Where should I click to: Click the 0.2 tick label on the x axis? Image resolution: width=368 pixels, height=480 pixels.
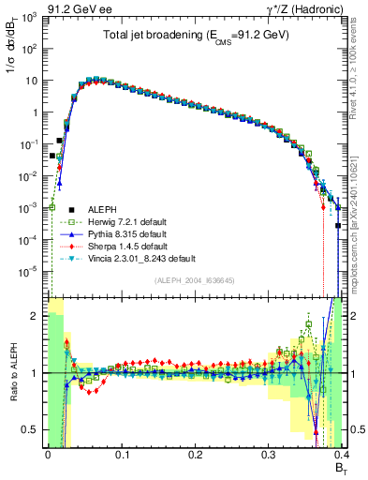(195, 452)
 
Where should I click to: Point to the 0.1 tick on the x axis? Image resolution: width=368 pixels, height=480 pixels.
(121, 452)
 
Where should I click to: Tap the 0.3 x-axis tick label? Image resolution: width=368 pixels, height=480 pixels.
(269, 452)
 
